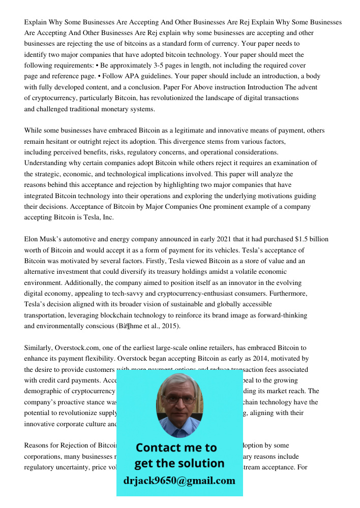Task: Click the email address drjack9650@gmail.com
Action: pos(179,481)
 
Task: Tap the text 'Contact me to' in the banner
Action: pos(176,448)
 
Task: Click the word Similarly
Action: pos(40,348)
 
